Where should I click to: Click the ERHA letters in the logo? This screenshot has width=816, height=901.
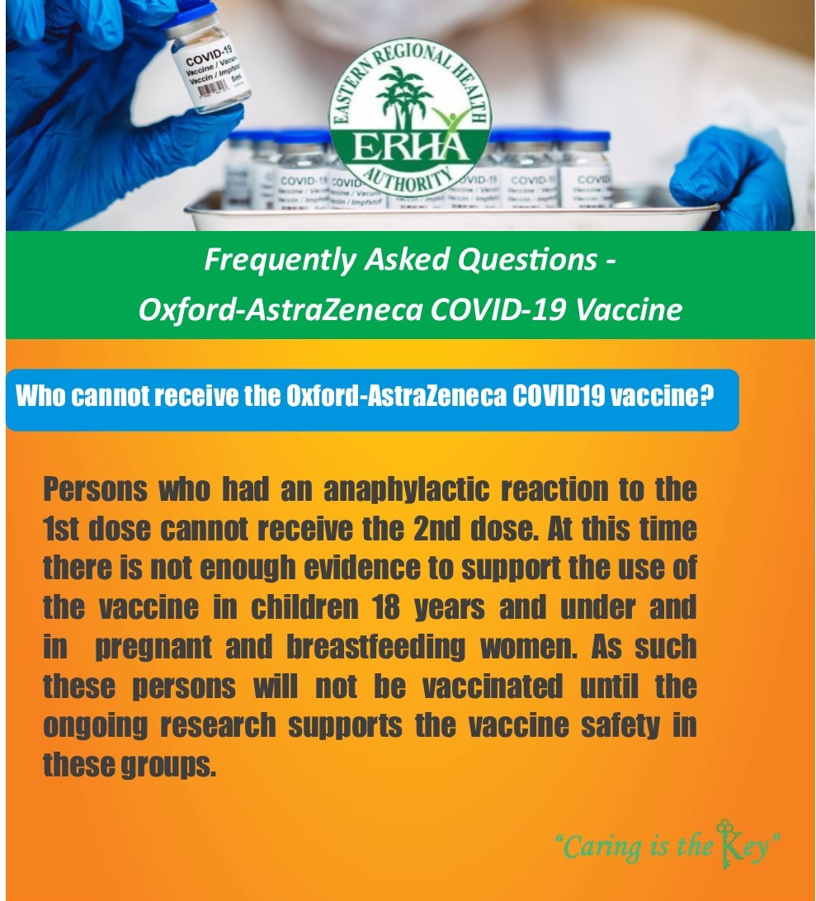click(x=410, y=147)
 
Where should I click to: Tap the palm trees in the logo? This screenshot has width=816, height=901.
click(x=403, y=97)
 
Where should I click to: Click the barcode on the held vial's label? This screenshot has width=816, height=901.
click(x=214, y=90)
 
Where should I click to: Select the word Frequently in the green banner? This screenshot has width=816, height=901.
click(x=280, y=260)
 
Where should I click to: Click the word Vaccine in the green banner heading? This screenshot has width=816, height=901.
click(x=629, y=309)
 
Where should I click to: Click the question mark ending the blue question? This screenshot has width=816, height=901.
click(x=707, y=395)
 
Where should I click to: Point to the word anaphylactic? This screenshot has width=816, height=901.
click(x=406, y=490)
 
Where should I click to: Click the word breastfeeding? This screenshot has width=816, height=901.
click(x=375, y=648)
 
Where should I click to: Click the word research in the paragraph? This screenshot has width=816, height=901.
click(x=218, y=726)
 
